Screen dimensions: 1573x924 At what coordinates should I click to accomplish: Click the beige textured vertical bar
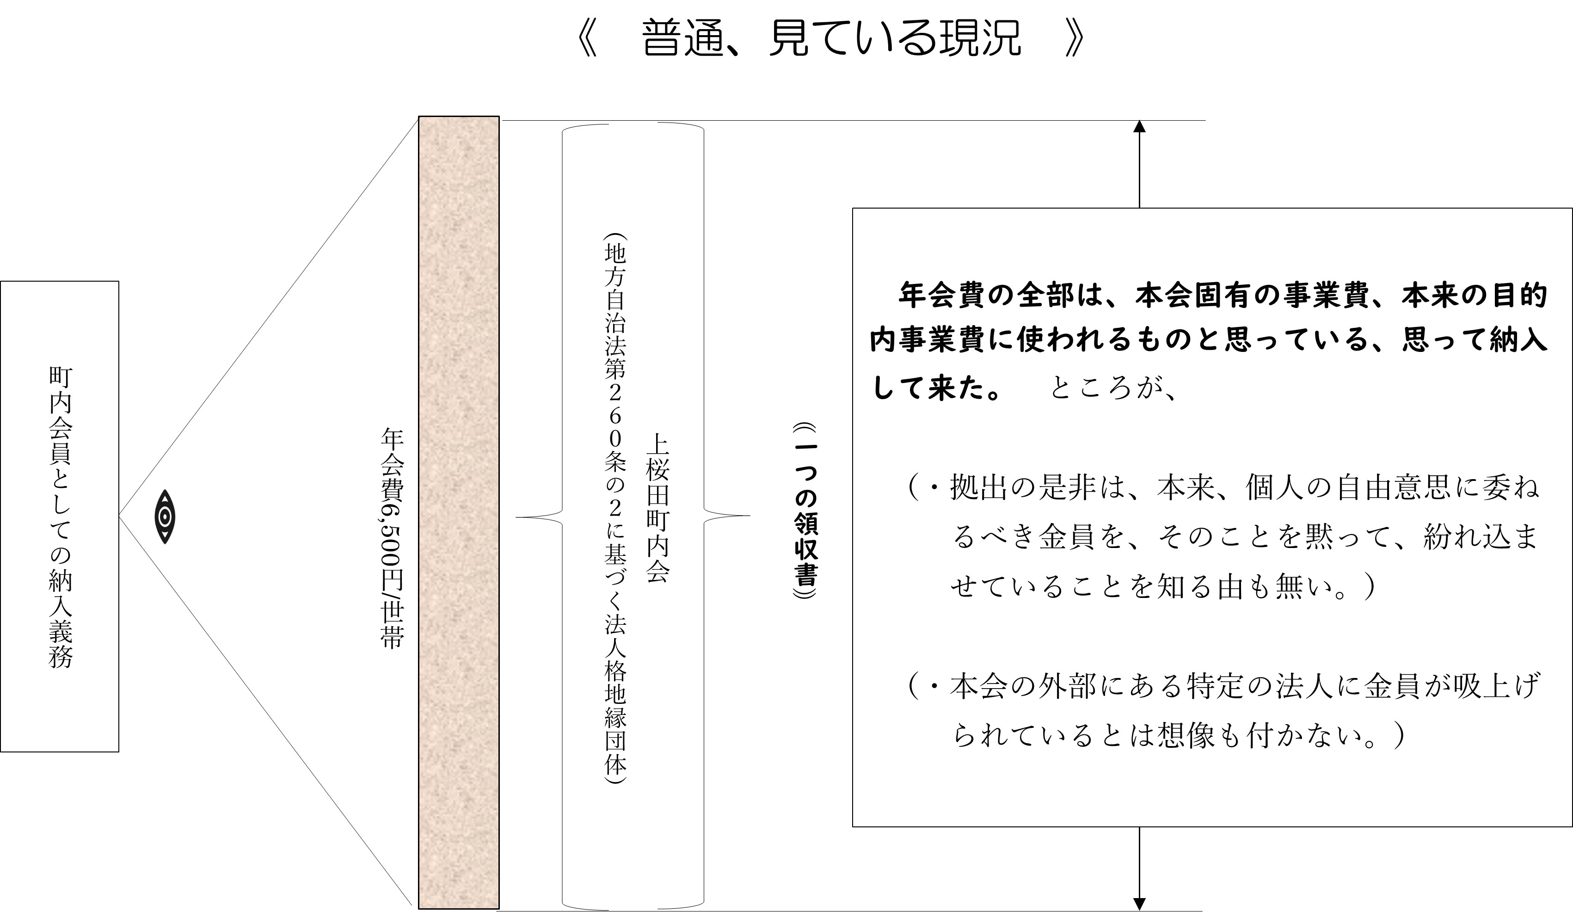coord(459,512)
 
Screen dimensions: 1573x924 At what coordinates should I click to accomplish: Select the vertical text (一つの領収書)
coord(805,511)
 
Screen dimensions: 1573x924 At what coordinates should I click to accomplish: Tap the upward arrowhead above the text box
coord(1139,127)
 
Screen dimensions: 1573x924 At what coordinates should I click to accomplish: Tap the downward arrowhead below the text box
coord(1139,903)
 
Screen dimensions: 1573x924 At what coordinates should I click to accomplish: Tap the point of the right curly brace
coord(749,516)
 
